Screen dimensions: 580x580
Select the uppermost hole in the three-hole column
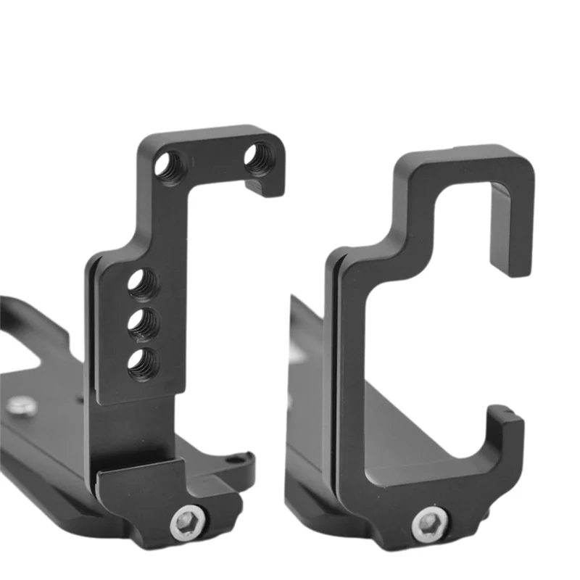pos(144,283)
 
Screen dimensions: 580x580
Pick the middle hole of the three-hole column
pos(143,323)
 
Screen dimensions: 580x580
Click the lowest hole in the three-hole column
pos(143,362)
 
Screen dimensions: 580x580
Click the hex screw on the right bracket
pos(429,523)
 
